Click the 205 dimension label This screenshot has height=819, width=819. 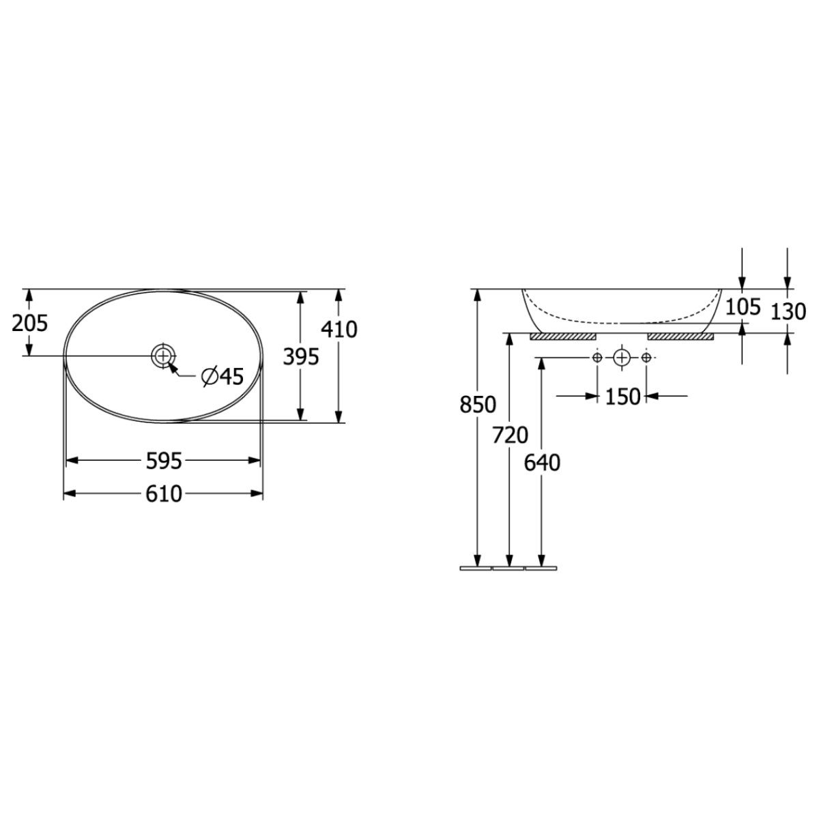(30, 324)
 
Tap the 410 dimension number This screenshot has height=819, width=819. (339, 330)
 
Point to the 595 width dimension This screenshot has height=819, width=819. (164, 461)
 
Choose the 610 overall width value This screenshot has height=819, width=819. (164, 494)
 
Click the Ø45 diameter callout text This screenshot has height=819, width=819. (222, 376)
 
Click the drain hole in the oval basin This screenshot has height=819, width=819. (163, 356)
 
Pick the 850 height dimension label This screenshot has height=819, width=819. (478, 405)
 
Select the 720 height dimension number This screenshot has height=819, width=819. (510, 435)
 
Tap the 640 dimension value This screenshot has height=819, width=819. (542, 463)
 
